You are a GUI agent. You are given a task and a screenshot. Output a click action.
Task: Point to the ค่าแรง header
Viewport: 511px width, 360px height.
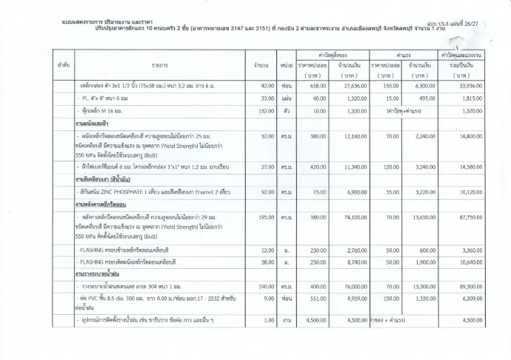pos(404,56)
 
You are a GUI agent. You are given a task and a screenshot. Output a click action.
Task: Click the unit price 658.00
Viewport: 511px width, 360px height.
pos(318,87)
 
